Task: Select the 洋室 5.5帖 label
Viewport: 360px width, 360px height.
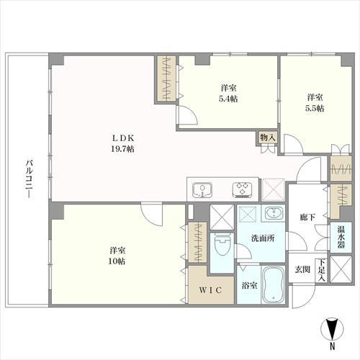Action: [x=314, y=102]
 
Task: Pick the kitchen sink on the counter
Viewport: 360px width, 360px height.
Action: [x=204, y=191]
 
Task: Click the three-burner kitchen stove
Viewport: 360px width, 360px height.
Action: [x=241, y=191]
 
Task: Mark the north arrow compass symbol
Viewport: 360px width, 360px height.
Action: [x=330, y=333]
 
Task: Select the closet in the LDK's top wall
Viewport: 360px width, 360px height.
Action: [x=167, y=79]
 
